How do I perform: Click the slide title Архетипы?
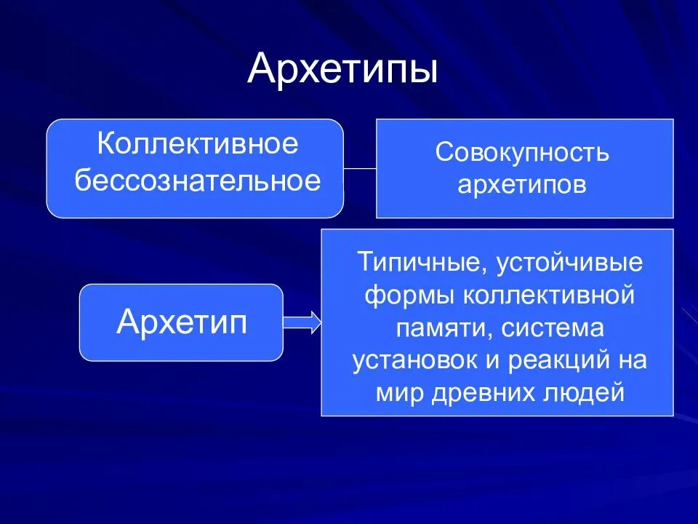(x=342, y=69)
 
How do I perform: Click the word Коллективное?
(x=197, y=144)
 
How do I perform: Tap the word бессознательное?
(x=197, y=180)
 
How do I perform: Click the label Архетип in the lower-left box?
(x=181, y=322)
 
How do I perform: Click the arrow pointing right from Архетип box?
(x=302, y=322)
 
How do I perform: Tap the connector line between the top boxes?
(x=359, y=168)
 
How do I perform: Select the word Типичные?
(x=412, y=262)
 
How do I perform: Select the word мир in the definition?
(x=395, y=393)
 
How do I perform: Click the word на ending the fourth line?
(x=632, y=361)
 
